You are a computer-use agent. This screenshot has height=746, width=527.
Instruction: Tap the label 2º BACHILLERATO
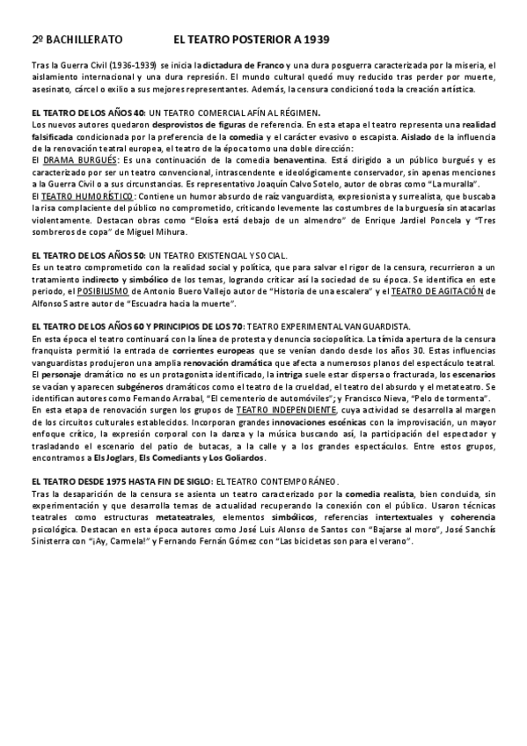tap(77, 40)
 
